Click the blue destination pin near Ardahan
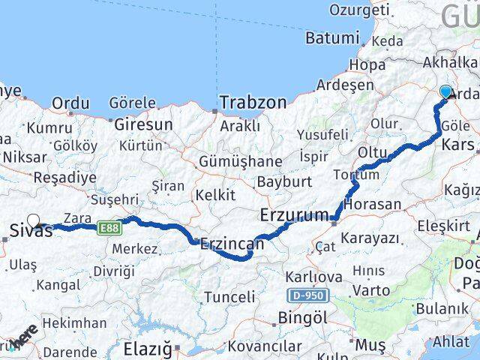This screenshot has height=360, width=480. click(x=445, y=92)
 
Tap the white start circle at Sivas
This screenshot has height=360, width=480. click(x=34, y=221)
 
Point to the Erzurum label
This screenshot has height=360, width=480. click(x=293, y=216)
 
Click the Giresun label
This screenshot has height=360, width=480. click(x=143, y=124)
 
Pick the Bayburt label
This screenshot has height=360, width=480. click(x=283, y=181)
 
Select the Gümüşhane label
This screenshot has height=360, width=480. click(x=240, y=161)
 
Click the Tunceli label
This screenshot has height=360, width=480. click(x=229, y=297)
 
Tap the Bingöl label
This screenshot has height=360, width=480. click(x=304, y=318)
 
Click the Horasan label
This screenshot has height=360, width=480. click(x=374, y=204)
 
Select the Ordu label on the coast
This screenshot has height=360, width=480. click(x=72, y=103)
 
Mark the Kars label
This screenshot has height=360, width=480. click(x=458, y=144)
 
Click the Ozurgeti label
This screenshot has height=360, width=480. click(x=360, y=10)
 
